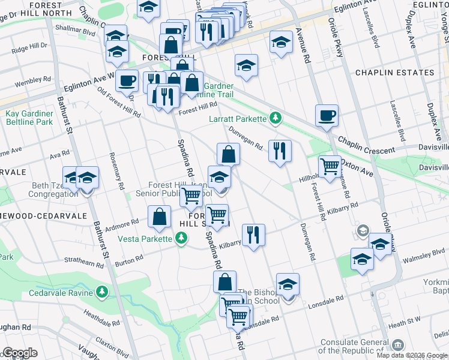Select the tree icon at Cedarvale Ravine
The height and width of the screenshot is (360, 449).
tap(103, 292)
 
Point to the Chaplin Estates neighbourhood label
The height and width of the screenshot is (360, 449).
tap(394, 73)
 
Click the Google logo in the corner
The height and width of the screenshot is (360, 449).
tap(20, 353)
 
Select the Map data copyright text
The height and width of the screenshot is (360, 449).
tap(412, 355)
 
